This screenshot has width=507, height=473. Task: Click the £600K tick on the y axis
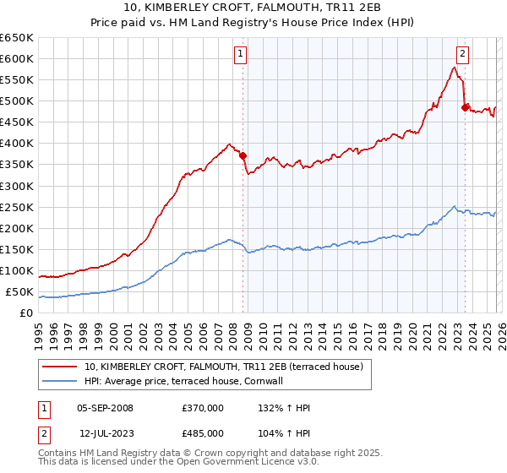17,58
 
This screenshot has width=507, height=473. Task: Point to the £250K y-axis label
17,207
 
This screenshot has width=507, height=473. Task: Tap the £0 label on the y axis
26,313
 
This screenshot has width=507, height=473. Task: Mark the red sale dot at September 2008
243,155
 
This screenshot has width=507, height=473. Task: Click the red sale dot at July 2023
464,106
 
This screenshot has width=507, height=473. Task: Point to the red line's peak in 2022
455,68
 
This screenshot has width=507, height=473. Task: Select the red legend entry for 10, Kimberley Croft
223,367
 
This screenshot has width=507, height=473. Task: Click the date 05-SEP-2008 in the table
105,408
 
